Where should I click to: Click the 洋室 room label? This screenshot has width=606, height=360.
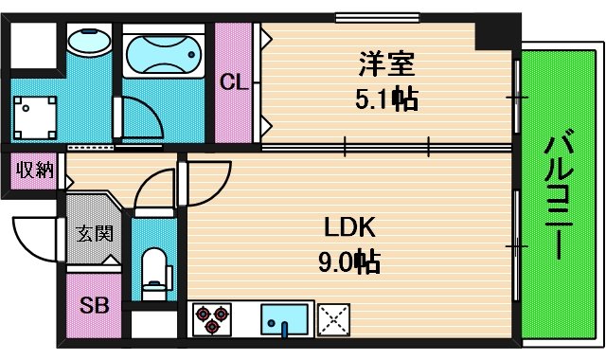tap(386, 66)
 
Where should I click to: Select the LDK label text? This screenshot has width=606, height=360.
tap(351, 227)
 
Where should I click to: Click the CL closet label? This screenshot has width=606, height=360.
tap(234, 82)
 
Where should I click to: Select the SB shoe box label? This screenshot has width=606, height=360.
tap(93, 305)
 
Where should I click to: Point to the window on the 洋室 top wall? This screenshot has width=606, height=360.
tap(365, 16)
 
